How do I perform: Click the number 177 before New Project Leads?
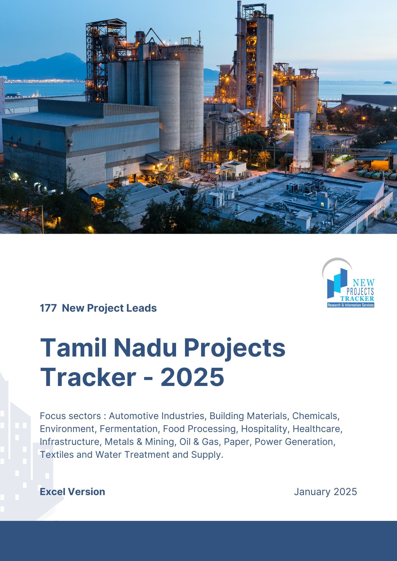[48, 308]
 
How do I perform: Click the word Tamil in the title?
[74, 348]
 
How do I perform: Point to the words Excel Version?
[72, 492]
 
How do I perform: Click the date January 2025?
[325, 492]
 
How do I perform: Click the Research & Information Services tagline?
[351, 305]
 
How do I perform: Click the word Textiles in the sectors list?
[57, 455]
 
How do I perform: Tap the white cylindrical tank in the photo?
[302, 142]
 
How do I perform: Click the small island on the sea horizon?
[388, 82]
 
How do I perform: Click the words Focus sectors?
[70, 416]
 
